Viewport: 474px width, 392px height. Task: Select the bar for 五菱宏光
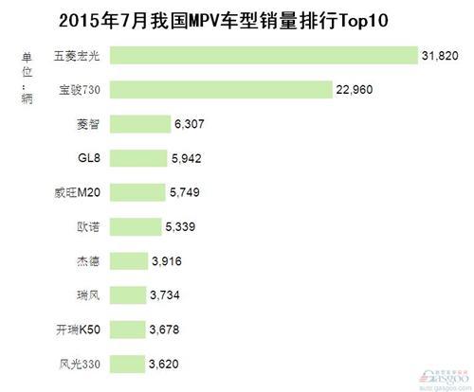pos(264,56)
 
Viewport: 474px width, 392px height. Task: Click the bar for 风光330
pos(130,363)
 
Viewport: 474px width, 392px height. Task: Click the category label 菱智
pos(87,124)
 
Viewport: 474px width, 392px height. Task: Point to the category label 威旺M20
pos(79,192)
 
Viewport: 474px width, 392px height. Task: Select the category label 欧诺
pos(87,226)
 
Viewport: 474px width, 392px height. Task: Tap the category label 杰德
pos(87,260)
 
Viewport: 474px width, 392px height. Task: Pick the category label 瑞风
pos(87,294)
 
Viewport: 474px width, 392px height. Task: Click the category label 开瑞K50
pos(79,329)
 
